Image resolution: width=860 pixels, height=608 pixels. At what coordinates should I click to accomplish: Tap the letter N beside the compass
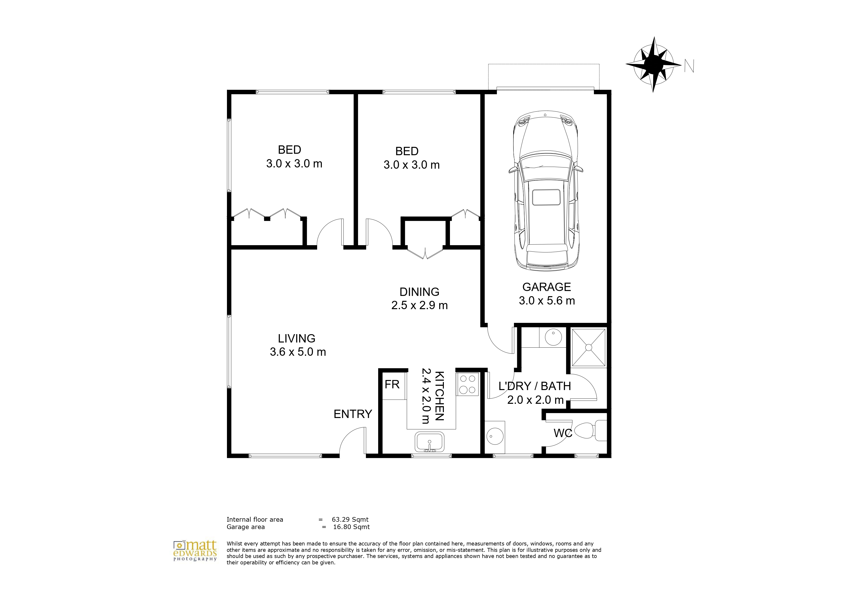click(x=689, y=66)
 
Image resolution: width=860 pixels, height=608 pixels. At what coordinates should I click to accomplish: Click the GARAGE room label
click(x=547, y=287)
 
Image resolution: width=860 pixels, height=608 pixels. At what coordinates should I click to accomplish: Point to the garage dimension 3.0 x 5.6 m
click(x=547, y=300)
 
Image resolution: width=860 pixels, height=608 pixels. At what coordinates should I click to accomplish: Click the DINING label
click(x=420, y=292)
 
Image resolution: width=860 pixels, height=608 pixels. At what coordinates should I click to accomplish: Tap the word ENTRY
click(x=353, y=414)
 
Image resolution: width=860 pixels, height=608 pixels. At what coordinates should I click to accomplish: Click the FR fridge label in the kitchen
click(x=392, y=384)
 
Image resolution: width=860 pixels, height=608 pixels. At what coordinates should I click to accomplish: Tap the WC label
click(x=563, y=433)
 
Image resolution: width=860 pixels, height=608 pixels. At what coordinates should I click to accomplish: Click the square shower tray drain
click(x=588, y=348)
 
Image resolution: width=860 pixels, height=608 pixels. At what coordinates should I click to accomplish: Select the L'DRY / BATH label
click(x=535, y=386)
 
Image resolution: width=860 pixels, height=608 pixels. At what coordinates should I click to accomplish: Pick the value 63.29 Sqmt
click(x=350, y=519)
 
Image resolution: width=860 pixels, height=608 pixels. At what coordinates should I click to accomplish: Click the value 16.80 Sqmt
click(x=351, y=527)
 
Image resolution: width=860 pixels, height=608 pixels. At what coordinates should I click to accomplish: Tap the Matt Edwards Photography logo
click(x=195, y=551)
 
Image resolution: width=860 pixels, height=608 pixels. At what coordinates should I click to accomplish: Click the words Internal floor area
click(x=255, y=519)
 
